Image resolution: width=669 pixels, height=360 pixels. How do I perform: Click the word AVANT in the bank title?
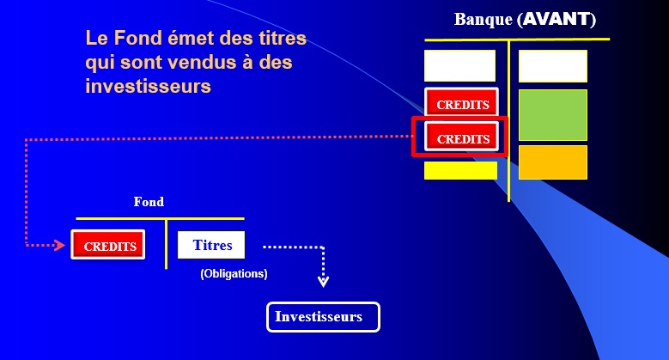pos(556,19)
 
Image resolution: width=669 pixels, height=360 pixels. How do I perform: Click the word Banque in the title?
pos(483,20)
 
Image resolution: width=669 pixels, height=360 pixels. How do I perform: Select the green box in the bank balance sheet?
pos(552,115)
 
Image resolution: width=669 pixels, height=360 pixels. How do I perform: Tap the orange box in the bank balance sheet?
pos(552,162)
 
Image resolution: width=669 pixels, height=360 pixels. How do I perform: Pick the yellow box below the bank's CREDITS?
pos(460,170)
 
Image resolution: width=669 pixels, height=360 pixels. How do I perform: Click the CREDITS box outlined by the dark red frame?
pos(461,137)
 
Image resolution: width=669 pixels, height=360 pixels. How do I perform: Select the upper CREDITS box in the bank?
pos(461,102)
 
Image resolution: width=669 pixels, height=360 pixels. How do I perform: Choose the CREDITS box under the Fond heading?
pos(108,244)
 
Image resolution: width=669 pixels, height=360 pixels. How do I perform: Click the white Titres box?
pos(211,245)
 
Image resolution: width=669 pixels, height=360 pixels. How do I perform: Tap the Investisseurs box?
pos(323,317)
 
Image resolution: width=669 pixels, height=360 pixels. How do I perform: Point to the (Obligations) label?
pos(234,274)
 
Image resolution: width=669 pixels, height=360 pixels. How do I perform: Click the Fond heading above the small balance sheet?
pos(149,202)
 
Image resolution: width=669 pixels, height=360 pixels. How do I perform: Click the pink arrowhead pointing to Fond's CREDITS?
pos(59,245)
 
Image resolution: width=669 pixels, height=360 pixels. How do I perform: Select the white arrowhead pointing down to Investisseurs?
pos(323,282)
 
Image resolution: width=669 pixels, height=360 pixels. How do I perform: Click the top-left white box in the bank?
pos(460,65)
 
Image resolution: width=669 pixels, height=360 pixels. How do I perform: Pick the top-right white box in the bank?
pos(552,66)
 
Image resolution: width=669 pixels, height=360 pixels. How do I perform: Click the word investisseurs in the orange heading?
pos(148,86)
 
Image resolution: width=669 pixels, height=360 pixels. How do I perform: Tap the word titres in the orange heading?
pos(283,38)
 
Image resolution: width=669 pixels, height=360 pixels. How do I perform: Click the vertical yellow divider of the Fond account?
pos(167,244)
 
